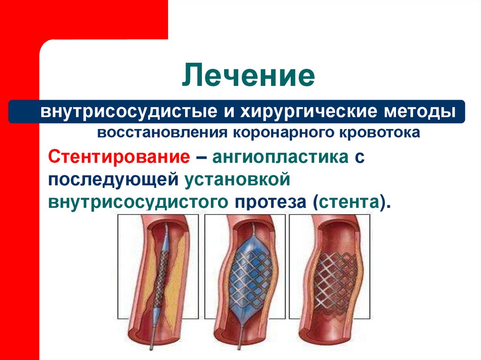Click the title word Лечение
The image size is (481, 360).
click(x=248, y=76)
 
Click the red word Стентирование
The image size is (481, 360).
click(x=119, y=157)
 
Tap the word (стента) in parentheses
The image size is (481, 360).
click(x=350, y=202)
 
